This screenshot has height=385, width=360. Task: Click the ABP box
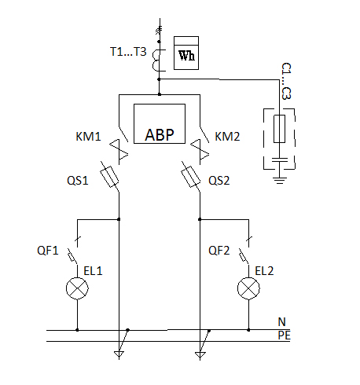(160, 123)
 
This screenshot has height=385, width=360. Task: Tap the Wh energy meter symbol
(186, 53)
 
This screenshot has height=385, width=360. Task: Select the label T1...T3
(128, 52)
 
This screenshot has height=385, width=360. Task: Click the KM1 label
(88, 137)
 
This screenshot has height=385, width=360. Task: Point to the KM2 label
(227, 137)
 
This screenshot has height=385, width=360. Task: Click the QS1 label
(78, 181)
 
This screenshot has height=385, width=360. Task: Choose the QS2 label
(219, 181)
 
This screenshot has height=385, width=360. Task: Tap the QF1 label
(48, 251)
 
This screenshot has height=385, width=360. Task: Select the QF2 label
(219, 251)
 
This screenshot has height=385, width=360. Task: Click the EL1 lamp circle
(77, 288)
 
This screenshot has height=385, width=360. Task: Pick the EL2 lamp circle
(248, 288)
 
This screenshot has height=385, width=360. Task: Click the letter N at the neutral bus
(281, 321)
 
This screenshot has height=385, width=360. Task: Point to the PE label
(285, 335)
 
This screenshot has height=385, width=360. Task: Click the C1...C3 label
(286, 81)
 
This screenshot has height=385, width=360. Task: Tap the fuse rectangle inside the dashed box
(279, 129)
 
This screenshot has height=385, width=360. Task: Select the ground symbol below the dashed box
(279, 181)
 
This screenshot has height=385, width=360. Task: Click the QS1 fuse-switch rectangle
(109, 177)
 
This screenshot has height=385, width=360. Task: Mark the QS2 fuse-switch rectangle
(191, 177)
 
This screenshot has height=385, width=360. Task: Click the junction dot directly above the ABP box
(160, 94)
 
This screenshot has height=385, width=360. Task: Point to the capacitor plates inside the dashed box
(279, 159)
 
